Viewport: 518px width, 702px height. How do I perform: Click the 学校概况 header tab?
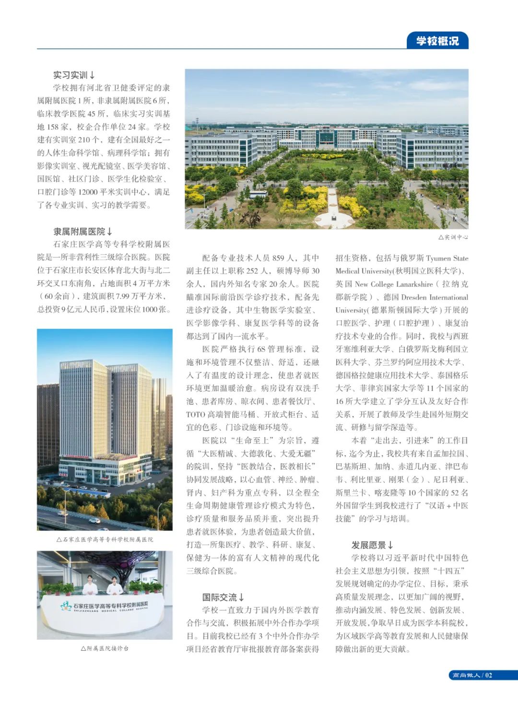pos(437,41)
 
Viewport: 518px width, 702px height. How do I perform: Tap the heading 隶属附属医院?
pos(82,231)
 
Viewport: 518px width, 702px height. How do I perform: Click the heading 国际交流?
pos(223,597)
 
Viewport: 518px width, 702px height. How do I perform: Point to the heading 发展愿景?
pos(372,545)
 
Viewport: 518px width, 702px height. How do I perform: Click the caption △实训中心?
pos(453,237)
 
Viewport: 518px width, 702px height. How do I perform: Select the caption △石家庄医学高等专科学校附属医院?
pos(105,539)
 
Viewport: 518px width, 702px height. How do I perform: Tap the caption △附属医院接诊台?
pos(105,648)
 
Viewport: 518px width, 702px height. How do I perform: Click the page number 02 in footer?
pos(488,675)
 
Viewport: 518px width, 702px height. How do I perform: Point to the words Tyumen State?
pos(447,258)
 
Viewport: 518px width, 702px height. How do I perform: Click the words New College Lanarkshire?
pos(393,284)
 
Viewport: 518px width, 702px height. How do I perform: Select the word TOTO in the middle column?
pos(195,414)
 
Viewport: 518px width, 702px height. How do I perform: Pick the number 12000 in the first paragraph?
pos(88,192)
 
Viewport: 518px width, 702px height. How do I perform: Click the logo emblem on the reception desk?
pos(66,606)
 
